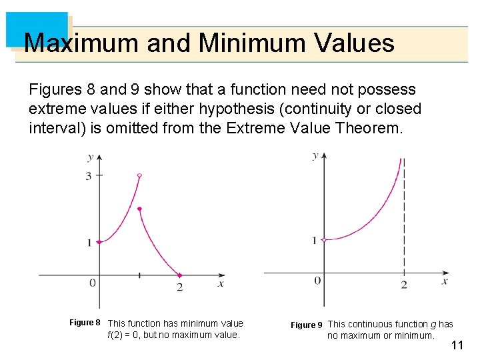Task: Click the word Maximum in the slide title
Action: click(x=81, y=44)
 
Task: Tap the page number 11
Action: click(x=457, y=345)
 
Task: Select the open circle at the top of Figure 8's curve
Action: click(x=139, y=175)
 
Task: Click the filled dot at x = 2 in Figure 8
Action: click(x=179, y=275)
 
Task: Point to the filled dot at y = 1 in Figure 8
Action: click(x=99, y=242)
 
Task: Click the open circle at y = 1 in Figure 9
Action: click(x=323, y=239)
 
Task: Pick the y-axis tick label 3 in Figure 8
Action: click(x=88, y=175)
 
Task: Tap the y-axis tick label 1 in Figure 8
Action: click(x=89, y=243)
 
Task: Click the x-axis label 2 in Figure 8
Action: click(x=179, y=287)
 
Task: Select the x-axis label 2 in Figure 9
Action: click(x=404, y=285)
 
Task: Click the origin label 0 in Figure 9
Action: click(x=317, y=281)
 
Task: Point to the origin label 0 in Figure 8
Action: click(x=93, y=283)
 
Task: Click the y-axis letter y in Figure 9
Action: click(x=315, y=155)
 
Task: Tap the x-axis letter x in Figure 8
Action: click(x=221, y=283)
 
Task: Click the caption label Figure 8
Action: click(x=85, y=323)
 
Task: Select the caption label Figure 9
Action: click(x=307, y=325)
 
